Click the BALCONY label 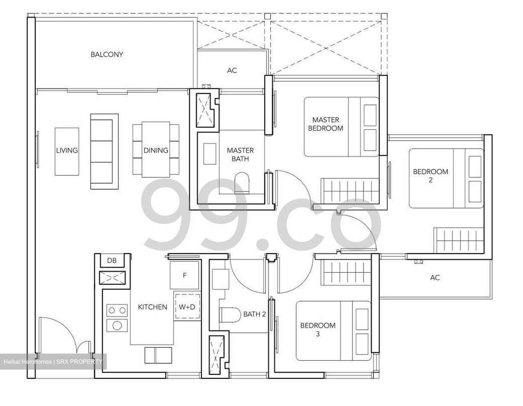(107, 55)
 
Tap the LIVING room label (67, 150)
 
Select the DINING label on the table (155, 150)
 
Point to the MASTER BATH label (240, 154)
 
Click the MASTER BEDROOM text (325, 124)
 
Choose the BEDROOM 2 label (430, 175)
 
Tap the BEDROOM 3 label (317, 329)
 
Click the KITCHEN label (153, 307)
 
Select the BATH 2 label (254, 314)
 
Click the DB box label (112, 261)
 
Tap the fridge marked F (185, 275)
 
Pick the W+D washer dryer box (187, 307)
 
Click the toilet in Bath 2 (230, 315)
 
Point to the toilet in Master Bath (242, 182)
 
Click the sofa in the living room (104, 152)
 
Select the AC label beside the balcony (232, 71)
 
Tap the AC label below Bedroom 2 (435, 278)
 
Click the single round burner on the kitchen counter (117, 325)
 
